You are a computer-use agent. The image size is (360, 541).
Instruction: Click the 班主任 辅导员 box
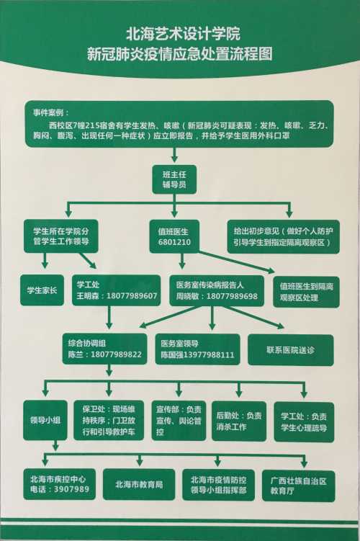coord(174,179)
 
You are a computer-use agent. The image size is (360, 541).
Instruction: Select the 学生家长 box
coord(42,290)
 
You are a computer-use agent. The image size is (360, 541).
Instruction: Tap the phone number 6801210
coord(174,242)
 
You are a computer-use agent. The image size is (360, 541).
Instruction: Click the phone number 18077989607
coord(132,295)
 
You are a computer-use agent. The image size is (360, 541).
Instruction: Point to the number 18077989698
coord(232,296)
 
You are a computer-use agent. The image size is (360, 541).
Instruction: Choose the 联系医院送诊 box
coord(291,350)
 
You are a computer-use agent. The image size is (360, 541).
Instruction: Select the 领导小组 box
coord(45,420)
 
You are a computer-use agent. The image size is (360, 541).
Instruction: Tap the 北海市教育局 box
coord(139,484)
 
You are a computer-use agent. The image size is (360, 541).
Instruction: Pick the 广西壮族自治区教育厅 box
coord(298,486)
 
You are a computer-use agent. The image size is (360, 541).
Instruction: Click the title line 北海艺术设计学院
coord(183,34)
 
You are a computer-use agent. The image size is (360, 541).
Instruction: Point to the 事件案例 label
coord(50,112)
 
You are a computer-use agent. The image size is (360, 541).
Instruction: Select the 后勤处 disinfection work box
coord(238,421)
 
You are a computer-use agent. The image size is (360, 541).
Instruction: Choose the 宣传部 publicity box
coord(179,421)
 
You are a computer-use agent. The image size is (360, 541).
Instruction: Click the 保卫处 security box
coord(109,420)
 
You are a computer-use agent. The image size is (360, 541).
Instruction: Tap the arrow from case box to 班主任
coord(174,155)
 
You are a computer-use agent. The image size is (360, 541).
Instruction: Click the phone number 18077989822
coord(116,354)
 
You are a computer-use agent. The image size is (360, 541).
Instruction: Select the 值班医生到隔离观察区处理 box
coord(306,292)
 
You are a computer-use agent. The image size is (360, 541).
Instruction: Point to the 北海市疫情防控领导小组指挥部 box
coord(218,485)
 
